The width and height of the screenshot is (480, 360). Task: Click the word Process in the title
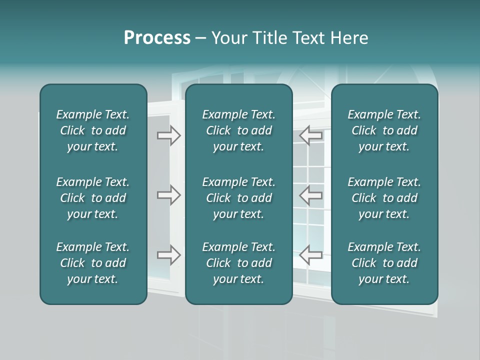(157, 38)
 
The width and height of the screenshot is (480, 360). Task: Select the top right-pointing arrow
(169, 135)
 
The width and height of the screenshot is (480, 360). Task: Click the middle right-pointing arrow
(169, 194)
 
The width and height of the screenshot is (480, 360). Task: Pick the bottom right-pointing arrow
(169, 254)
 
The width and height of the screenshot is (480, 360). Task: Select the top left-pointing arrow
(311, 135)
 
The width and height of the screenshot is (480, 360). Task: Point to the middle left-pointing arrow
(311, 194)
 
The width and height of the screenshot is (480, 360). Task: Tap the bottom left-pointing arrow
(311, 254)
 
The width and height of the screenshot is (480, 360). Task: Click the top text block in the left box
(93, 130)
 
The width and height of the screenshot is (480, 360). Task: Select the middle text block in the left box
(93, 198)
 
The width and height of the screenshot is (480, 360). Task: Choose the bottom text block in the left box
(93, 263)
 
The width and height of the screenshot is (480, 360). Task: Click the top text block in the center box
(238, 130)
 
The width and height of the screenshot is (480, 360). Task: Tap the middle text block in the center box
(238, 198)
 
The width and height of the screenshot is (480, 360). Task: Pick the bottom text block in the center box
(238, 263)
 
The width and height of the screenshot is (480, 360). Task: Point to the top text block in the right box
(384, 130)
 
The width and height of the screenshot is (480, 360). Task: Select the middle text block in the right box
(384, 198)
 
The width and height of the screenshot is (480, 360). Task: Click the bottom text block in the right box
(384, 263)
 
